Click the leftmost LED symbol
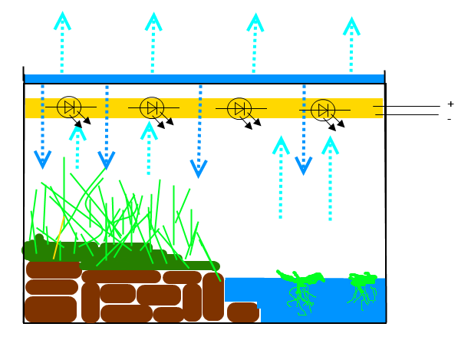point(69,107)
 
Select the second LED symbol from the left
point(152,108)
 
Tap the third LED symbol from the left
point(239,109)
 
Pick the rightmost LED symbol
point(323,111)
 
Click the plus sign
point(450,104)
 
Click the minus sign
point(450,119)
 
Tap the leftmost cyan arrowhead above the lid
point(62,21)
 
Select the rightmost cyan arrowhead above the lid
point(351,25)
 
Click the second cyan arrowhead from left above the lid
point(153,21)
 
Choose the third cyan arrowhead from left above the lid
point(254,21)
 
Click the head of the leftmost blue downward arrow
point(43,160)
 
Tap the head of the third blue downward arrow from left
point(199,169)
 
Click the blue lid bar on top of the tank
point(204,78)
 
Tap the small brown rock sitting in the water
point(242,312)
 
